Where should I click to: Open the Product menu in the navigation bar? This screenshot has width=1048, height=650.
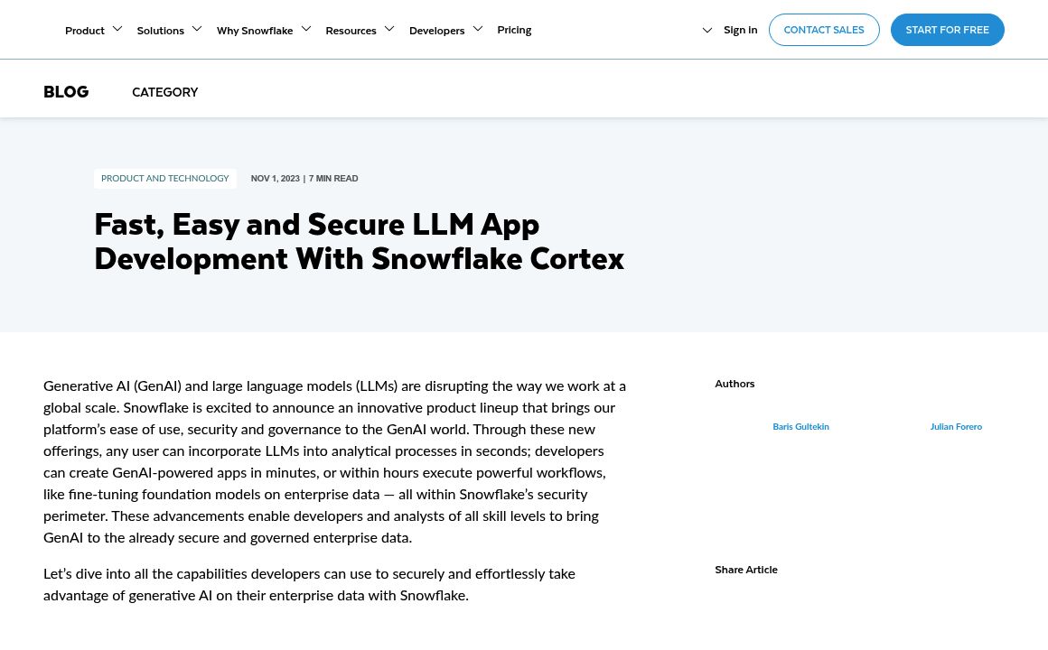[85, 30]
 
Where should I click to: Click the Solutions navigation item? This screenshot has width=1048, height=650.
[161, 30]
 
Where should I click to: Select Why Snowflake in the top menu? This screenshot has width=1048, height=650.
[255, 30]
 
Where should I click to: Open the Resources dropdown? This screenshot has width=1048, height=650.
[351, 30]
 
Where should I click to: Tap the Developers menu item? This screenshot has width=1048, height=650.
[436, 30]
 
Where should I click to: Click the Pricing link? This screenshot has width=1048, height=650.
[514, 30]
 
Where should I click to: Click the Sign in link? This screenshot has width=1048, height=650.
[740, 30]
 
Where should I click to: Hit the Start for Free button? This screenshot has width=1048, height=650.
[947, 30]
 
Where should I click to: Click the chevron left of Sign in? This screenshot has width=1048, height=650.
[707, 31]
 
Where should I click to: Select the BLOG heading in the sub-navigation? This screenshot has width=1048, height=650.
[66, 92]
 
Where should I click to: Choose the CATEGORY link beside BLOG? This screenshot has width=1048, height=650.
[164, 92]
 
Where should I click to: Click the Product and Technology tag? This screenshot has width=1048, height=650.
[164, 179]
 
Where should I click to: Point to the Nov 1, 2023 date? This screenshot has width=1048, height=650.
[275, 179]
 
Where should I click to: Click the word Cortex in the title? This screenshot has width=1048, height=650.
[576, 259]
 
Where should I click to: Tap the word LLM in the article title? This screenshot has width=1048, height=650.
[443, 224]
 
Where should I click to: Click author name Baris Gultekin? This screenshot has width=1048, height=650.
[800, 427]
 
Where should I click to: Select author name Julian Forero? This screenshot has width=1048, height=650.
[956, 427]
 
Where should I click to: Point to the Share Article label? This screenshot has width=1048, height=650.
[746, 570]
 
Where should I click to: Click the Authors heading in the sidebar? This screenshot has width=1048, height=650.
[735, 384]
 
